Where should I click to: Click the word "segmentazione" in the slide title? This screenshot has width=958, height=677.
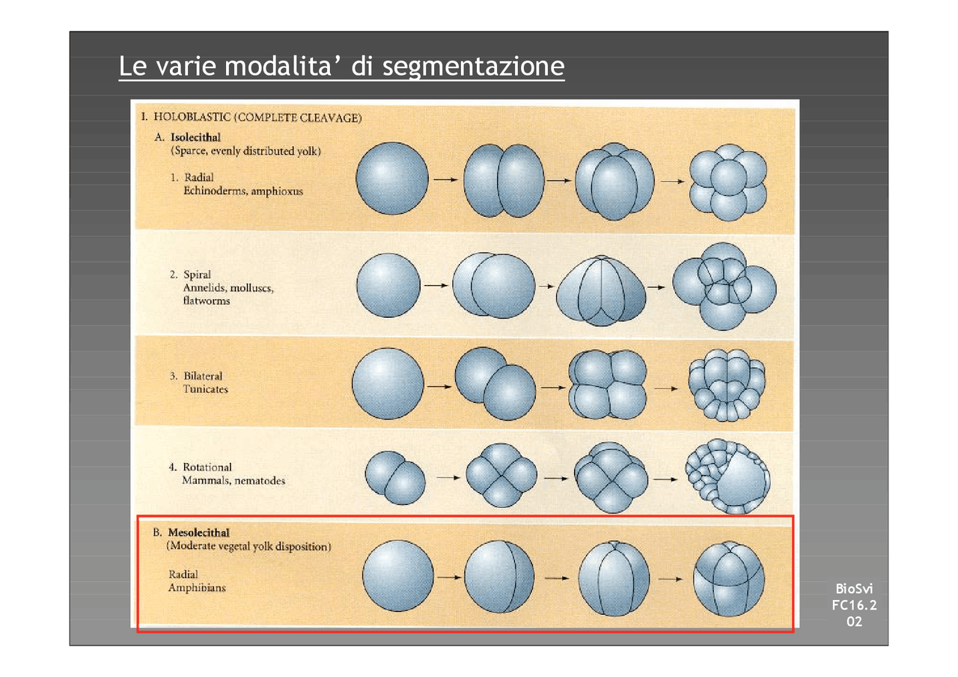tap(473, 67)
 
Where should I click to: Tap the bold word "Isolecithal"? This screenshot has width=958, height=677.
tap(196, 138)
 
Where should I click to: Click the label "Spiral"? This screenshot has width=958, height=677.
tap(197, 275)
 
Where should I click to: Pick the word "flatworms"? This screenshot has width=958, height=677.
tap(207, 301)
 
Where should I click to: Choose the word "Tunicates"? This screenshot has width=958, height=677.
tap(206, 389)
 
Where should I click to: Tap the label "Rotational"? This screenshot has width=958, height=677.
tap(207, 467)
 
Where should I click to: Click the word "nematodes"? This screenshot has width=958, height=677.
tap(260, 480)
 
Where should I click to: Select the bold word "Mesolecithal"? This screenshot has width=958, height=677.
tap(200, 533)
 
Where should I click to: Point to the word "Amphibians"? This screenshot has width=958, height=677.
tap(197, 587)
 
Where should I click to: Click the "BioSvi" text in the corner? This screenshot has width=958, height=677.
tap(853, 591)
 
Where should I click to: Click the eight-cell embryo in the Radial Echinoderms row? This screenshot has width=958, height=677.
tap(728, 181)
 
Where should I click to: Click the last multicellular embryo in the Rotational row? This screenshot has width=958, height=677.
tap(727, 476)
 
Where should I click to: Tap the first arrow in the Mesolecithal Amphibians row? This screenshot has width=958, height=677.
tap(448, 578)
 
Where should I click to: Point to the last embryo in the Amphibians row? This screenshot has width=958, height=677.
tap(728, 578)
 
